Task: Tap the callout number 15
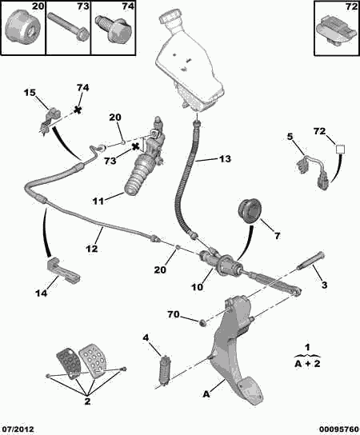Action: click(x=30, y=94)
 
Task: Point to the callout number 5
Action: click(x=291, y=136)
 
